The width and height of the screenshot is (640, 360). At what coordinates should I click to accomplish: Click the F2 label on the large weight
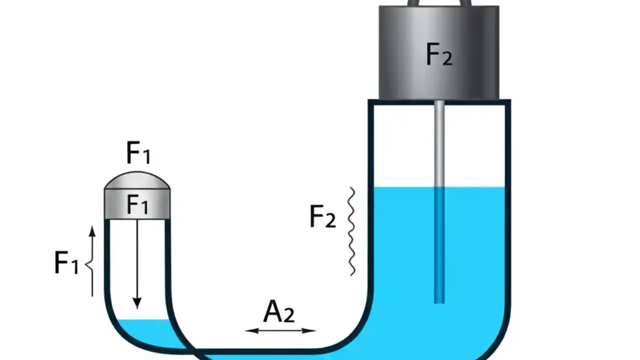tap(439, 54)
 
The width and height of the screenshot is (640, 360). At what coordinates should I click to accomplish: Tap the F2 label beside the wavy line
tap(322, 217)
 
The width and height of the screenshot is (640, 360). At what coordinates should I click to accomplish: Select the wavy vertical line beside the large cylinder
tap(352, 231)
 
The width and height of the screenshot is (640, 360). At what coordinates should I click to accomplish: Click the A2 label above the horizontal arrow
tap(278, 312)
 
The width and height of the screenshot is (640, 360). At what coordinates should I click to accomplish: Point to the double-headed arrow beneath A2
tap(280, 330)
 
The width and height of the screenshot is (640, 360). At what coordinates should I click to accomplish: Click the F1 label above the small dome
tap(138, 153)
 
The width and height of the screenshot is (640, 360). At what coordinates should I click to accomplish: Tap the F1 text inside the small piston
tap(137, 204)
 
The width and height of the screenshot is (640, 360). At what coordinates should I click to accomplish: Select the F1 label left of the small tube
tap(66, 262)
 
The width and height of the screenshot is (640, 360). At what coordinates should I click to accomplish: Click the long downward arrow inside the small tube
tap(137, 260)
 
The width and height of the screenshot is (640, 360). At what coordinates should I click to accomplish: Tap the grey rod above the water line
tap(439, 142)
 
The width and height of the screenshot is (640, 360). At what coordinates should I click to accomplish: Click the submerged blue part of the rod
tap(439, 245)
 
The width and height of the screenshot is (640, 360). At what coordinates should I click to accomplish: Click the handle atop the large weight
tap(439, 2)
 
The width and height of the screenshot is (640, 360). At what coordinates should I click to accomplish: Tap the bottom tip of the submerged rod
tap(439, 301)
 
